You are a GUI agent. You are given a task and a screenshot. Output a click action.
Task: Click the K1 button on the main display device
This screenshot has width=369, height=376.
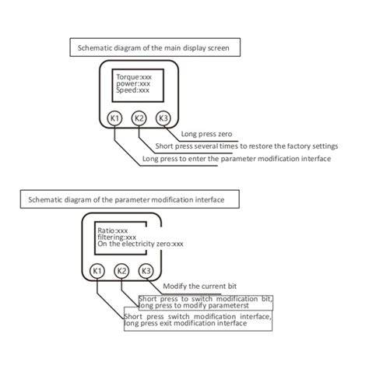(114, 118)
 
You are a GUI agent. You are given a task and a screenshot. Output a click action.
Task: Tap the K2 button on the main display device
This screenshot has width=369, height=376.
(139, 118)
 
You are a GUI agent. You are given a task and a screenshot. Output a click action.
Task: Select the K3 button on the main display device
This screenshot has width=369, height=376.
(163, 118)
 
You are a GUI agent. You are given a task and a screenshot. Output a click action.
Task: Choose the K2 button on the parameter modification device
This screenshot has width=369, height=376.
(121, 271)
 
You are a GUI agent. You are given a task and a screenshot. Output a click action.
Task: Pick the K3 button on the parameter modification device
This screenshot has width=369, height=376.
(146, 271)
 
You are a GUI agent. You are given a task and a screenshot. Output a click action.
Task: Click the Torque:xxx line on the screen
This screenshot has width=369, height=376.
(134, 77)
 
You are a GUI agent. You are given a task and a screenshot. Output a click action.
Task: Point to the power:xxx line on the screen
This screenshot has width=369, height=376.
(133, 84)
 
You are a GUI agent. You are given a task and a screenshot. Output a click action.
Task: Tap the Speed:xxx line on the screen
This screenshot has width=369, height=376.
(132, 90)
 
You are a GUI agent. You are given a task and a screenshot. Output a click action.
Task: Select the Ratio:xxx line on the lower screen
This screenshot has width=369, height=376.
(113, 230)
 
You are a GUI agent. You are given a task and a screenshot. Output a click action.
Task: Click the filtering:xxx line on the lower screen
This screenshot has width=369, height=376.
(117, 237)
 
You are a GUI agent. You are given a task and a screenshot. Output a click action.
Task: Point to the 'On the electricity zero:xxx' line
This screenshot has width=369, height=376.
(140, 244)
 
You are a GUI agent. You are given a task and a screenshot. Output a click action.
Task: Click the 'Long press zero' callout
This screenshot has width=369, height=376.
(206, 134)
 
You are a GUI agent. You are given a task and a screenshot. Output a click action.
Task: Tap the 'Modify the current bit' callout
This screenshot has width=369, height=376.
(200, 286)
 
